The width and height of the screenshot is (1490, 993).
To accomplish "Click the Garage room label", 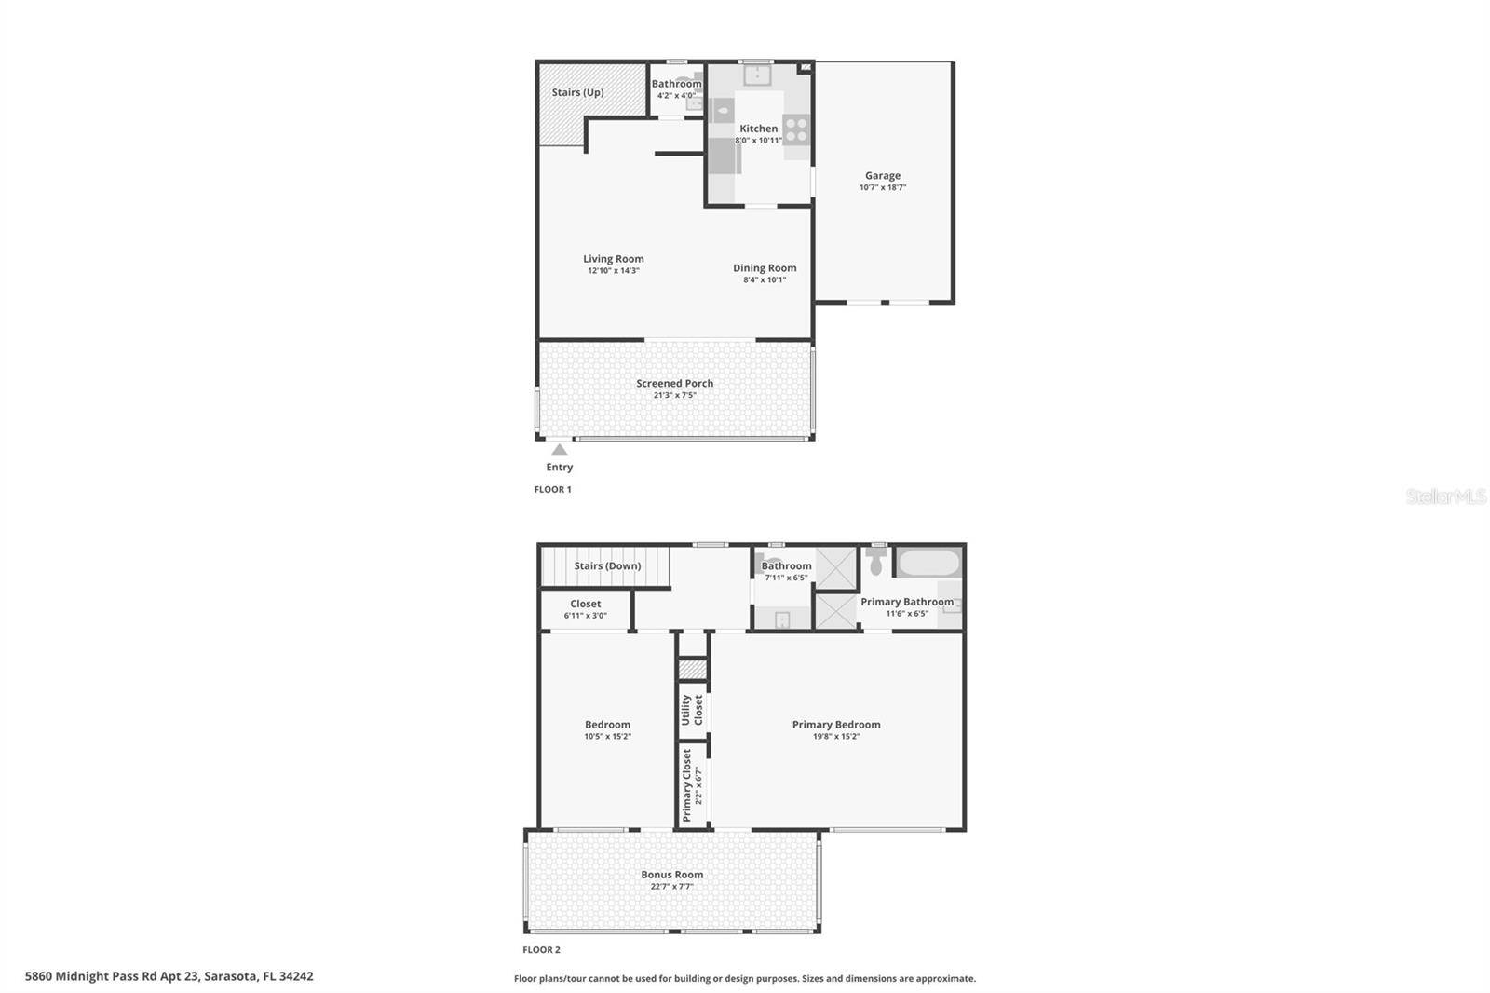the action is tap(883, 176).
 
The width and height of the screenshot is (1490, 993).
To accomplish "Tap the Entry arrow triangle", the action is tap(560, 450).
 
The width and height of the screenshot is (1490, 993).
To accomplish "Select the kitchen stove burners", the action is tap(796, 129).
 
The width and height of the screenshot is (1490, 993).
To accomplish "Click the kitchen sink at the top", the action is tap(757, 75).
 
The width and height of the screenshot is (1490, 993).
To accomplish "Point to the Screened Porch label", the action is tap(674, 384).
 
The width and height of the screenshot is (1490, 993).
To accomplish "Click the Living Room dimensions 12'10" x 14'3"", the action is tap(614, 271).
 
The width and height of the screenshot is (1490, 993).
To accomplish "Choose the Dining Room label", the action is tap(765, 268).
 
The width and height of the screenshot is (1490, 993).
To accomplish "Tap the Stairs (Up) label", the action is tap(578, 92).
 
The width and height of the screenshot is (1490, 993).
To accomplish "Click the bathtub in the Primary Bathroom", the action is tap(928, 563).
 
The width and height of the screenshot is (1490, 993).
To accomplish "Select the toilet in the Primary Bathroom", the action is tap(876, 561).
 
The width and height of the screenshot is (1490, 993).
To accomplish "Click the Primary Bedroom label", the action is tap(836, 724).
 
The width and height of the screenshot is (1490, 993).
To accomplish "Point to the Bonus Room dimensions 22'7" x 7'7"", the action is tap(671, 887).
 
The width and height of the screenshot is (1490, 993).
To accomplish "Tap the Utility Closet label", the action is tap(692, 710).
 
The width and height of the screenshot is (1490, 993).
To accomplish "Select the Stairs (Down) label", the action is tap(607, 565).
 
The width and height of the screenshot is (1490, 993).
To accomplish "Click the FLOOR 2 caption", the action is tap(541, 950).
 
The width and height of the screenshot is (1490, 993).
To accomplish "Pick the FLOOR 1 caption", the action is tap(553, 489).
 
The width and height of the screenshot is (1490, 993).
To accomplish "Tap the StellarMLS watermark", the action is tap(1446, 496).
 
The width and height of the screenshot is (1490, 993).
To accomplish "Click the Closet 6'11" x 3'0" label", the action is tap(586, 609).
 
